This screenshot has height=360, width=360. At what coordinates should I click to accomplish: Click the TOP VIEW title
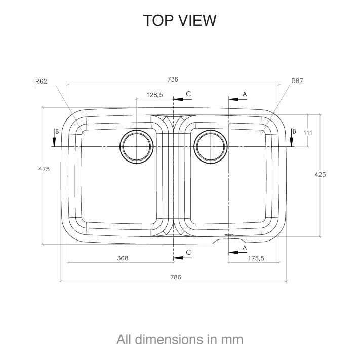[180, 20]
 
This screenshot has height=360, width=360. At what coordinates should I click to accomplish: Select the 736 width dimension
[173, 79]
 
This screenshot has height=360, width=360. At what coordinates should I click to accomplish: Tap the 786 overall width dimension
[175, 277]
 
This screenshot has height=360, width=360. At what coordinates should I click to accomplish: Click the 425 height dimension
[320, 174]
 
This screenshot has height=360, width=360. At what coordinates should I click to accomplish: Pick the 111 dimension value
[308, 132]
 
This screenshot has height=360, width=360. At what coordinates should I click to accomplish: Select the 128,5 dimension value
[154, 95]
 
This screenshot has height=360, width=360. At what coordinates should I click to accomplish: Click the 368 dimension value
[122, 258]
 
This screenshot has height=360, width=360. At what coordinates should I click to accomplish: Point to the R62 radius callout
[42, 81]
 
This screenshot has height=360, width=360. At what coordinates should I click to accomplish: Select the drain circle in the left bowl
[136, 147]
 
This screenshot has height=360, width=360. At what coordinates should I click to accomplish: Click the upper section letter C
[188, 94]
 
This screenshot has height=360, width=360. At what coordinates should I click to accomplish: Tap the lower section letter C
[188, 252]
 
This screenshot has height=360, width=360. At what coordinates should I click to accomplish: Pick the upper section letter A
[245, 94]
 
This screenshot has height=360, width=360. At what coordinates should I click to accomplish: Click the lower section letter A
[245, 247]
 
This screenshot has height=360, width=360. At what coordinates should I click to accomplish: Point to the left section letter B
[57, 131]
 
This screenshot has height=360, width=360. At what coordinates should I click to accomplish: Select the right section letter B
[293, 131]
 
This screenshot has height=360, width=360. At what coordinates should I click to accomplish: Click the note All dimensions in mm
[180, 339]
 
